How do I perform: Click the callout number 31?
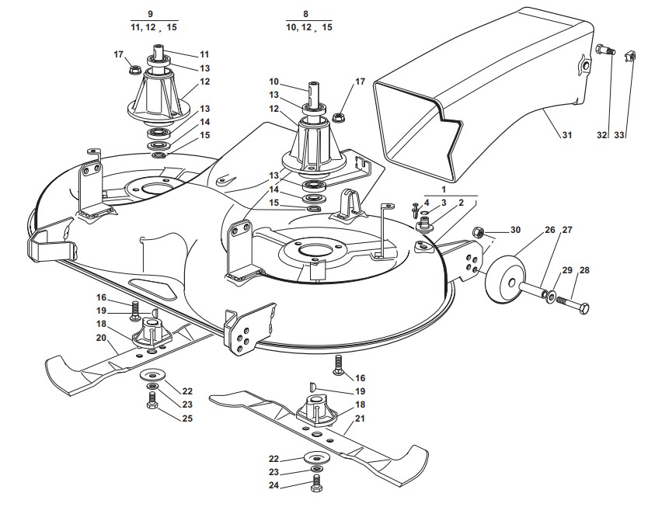(x=566, y=136)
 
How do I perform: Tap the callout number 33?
(x=619, y=136)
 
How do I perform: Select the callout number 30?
(x=516, y=230)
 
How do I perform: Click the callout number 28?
(x=584, y=270)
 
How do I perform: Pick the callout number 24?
(x=274, y=487)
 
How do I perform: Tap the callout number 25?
(x=186, y=419)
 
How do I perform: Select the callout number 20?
(x=101, y=338)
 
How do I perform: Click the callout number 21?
(x=359, y=420)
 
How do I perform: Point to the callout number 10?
(x=273, y=82)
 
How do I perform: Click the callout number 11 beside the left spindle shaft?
(x=204, y=54)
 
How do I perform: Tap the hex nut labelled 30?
(x=480, y=231)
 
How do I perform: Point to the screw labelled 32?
(x=605, y=50)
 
